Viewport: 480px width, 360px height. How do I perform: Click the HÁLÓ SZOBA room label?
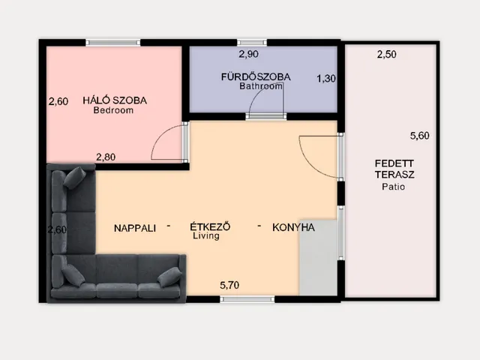coord(115,100)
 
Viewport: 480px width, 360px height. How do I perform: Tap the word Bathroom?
coord(261,86)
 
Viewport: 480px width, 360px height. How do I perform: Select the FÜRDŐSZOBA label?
coord(256,76)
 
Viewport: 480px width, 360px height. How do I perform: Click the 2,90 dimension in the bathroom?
coord(248,54)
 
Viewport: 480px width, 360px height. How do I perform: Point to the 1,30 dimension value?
coord(326,79)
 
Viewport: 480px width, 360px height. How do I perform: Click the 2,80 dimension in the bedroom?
coord(106,157)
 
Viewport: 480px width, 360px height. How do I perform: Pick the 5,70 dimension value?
coord(229,285)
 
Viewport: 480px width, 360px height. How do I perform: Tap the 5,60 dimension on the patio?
coord(420,136)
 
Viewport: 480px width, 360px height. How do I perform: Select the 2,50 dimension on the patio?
coord(387,55)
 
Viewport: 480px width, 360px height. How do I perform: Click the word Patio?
coord(393,187)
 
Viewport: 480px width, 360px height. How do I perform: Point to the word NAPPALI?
coord(135,228)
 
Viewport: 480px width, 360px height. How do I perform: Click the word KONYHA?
coord(293,227)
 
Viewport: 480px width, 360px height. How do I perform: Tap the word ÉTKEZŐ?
coord(210,226)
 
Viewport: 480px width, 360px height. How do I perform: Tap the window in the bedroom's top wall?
coord(113,43)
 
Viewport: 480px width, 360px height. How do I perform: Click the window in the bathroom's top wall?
coord(252,43)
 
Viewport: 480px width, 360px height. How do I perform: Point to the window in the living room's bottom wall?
coord(247,299)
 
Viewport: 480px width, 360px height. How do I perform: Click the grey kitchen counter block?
coord(318,257)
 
